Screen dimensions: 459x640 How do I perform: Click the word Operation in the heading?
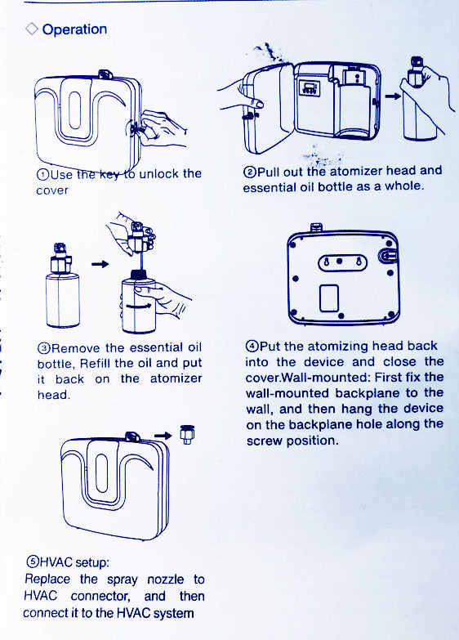coord(74,29)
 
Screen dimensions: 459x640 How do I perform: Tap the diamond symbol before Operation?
coord(31,29)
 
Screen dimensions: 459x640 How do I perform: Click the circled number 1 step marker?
coord(42,175)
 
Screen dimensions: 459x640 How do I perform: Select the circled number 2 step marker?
coord(250,172)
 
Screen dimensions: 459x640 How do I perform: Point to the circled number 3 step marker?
coord(43,348)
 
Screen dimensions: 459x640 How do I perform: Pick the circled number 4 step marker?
coord(252,347)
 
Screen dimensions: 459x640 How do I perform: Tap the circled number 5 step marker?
coord(32,562)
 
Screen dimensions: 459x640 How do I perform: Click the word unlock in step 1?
coord(159,173)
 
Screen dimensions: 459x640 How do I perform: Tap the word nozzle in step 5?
coord(165,580)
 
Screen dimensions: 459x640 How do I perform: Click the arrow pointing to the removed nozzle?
coord(163,435)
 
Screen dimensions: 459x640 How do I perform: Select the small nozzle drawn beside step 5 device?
coord(187,434)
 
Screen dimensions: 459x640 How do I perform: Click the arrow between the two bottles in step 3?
coord(100,264)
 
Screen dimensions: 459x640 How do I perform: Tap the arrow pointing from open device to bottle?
coord(393,96)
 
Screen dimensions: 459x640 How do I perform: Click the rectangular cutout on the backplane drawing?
coord(329,298)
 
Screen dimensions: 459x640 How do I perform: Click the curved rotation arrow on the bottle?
coord(139,306)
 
